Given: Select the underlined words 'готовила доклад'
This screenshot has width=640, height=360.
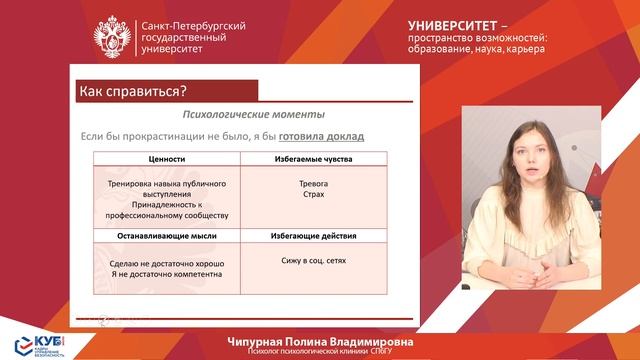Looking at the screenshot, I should tap(321, 135).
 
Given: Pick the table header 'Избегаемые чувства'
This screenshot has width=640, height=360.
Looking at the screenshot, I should tap(314, 158).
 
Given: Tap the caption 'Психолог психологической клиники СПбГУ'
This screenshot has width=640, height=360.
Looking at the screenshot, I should tap(320, 352).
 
